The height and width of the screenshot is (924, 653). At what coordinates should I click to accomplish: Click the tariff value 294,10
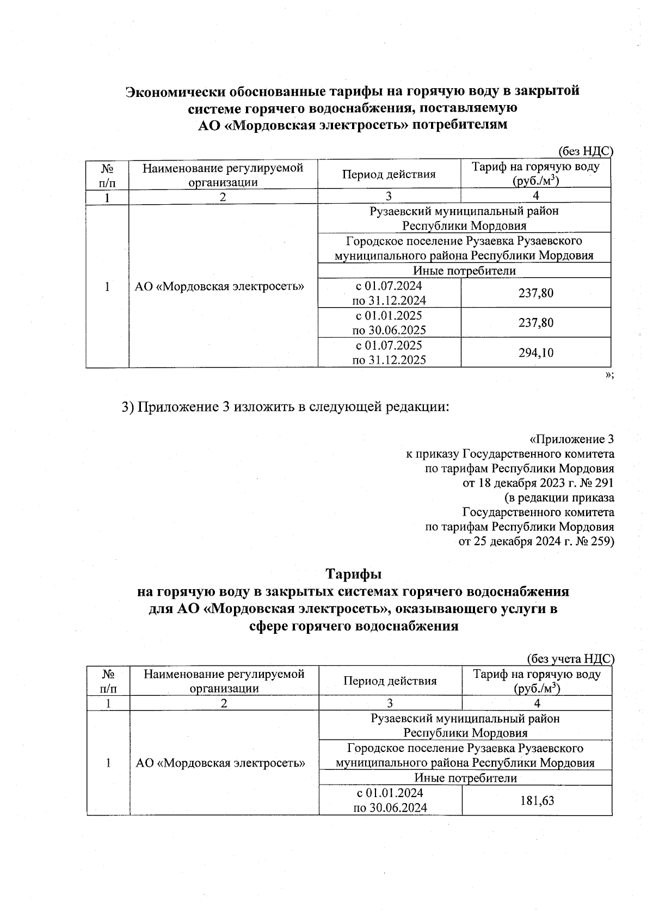tap(535, 353)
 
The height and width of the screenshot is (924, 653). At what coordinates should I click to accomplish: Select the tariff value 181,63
tap(537, 800)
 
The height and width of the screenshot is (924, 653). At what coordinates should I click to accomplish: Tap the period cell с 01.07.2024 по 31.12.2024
tap(389, 293)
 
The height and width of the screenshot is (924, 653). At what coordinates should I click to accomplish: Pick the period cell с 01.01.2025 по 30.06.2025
tap(389, 323)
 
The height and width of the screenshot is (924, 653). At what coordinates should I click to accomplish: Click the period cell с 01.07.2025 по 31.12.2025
tap(389, 353)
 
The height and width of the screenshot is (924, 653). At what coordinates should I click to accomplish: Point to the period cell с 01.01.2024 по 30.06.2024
tap(390, 800)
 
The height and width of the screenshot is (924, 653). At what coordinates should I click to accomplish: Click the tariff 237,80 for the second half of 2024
tap(535, 293)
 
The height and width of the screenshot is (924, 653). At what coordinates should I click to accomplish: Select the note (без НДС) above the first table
tap(586, 152)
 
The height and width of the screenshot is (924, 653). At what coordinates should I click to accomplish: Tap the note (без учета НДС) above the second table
tap(571, 659)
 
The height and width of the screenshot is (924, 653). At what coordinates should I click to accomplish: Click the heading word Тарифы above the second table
tap(353, 574)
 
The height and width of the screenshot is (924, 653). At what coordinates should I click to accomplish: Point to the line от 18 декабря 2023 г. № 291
tap(538, 483)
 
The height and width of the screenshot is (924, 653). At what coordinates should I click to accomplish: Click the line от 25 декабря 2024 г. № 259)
tap(537, 542)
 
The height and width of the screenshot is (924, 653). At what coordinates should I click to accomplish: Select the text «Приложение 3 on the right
tap(571, 439)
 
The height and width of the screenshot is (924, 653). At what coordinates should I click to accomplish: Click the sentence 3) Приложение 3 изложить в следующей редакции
tap(286, 407)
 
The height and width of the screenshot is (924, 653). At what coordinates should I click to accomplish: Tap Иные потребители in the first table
tap(464, 271)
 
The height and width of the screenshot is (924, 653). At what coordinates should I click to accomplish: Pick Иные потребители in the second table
tap(466, 778)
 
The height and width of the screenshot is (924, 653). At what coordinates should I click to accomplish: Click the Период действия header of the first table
tap(389, 174)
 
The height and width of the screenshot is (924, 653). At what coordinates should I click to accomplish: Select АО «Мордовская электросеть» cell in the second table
tap(220, 763)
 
